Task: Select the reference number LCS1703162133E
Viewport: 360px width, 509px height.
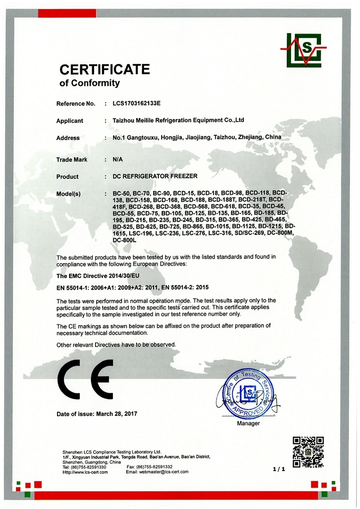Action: click(x=140, y=103)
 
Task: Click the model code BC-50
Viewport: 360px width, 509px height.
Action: click(x=120, y=193)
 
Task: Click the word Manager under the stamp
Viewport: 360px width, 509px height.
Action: click(x=248, y=423)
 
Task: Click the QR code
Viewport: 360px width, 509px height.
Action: click(x=308, y=451)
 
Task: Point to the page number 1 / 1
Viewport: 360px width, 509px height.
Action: click(x=279, y=469)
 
